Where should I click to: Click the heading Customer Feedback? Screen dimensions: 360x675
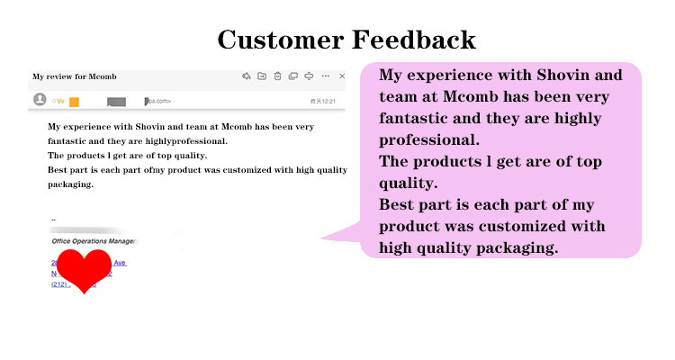click(346, 40)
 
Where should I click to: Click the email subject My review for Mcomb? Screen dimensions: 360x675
click(75, 76)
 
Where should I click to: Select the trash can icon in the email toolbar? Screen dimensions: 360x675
click(278, 76)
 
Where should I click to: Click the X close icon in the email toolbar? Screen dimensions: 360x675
click(342, 76)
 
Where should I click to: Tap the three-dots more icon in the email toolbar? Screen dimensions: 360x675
click(326, 76)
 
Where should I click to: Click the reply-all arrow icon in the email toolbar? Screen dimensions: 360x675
click(246, 76)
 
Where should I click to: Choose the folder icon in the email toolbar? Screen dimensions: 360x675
click(262, 76)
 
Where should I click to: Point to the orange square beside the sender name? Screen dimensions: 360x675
click(75, 102)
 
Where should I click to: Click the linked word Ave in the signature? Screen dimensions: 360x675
click(120, 263)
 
